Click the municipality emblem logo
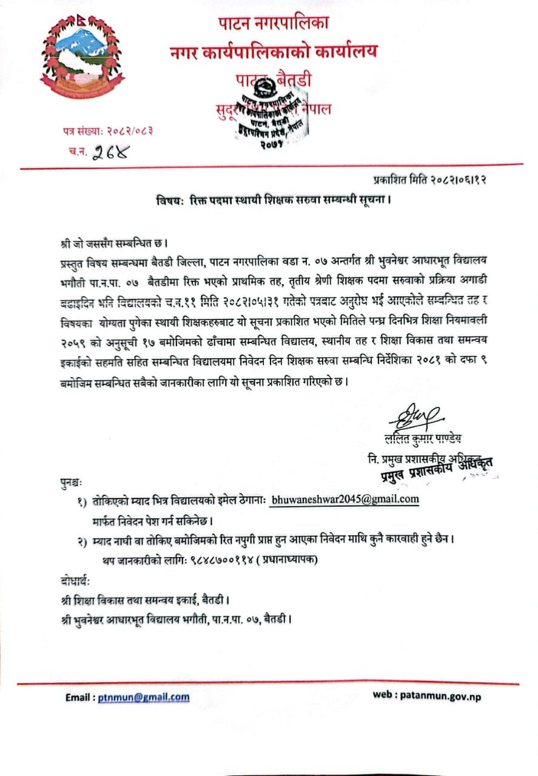pyautogui.click(x=82, y=58)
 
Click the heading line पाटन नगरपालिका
pyautogui.click(x=273, y=24)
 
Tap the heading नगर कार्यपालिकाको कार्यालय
pyautogui.click(x=273, y=52)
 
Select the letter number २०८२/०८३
pyautogui.click(x=126, y=130)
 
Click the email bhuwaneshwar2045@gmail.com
pyautogui.click(x=345, y=500)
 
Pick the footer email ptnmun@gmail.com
pyautogui.click(x=144, y=697)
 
